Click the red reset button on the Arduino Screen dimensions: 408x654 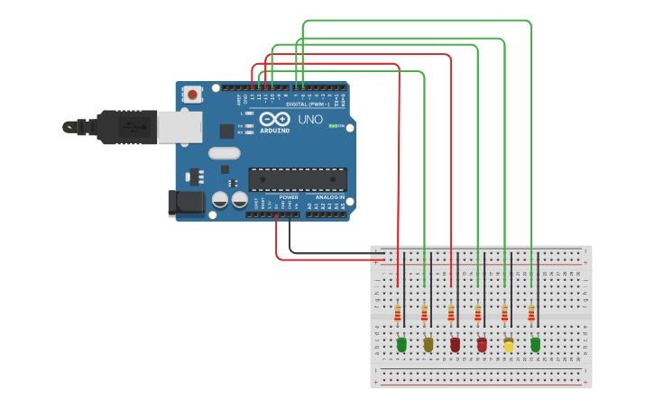point(192,94)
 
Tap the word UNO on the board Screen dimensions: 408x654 point(310,120)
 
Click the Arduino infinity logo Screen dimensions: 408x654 point(274,119)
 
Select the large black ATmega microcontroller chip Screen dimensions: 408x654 point(297,179)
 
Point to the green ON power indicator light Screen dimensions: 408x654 point(332,126)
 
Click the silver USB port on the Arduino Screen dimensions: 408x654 point(180,128)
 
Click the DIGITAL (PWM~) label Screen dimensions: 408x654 point(308,104)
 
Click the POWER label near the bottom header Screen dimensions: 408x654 point(289,196)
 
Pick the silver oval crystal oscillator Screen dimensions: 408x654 point(225,153)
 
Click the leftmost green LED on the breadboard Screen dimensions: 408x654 point(401,344)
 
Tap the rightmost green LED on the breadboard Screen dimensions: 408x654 point(535,344)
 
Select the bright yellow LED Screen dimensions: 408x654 point(509,345)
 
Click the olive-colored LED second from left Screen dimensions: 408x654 point(428,344)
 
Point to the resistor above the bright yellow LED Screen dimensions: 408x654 point(504,313)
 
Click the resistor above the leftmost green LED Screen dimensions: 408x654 point(398,313)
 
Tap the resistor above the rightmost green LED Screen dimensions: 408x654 point(531,313)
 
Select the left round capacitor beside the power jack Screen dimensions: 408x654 point(220,200)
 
